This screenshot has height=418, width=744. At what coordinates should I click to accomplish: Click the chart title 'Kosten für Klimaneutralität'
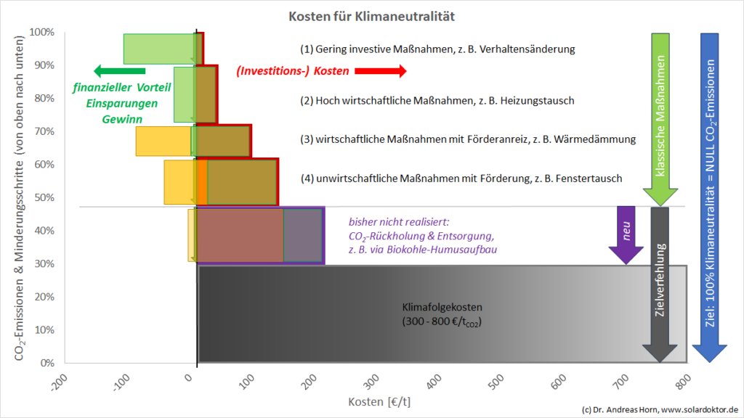point(372,15)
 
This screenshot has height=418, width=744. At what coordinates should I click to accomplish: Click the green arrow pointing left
point(119,71)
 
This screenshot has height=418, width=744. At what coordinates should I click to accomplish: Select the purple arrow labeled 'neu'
point(625,234)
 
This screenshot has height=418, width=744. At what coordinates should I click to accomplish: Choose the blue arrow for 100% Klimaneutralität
point(710,196)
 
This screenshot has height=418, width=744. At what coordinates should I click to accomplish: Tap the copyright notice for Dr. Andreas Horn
point(659,410)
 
